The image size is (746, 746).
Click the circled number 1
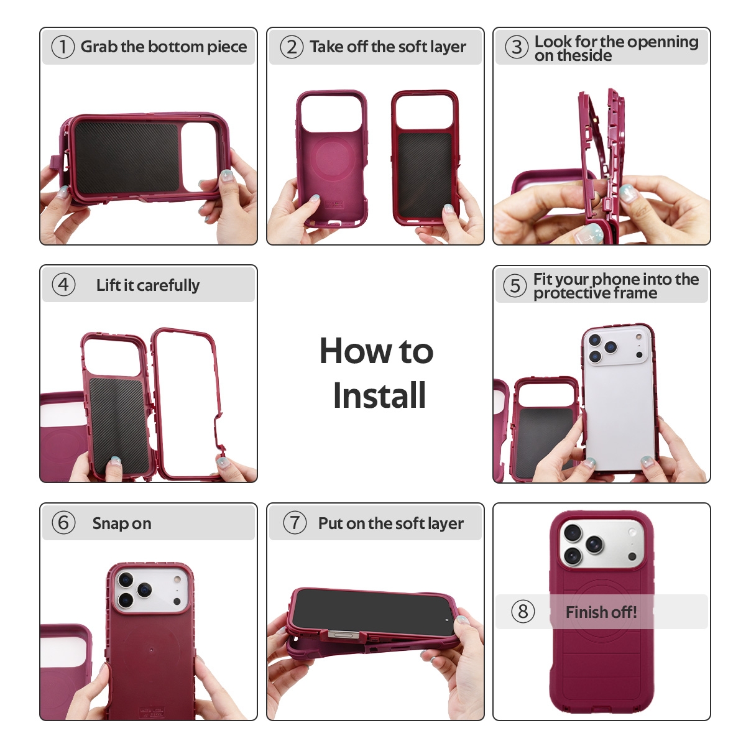pos(63,47)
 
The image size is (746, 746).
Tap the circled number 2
pos(292,47)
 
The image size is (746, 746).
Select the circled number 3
pos(517,47)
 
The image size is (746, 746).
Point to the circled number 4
pos(63,285)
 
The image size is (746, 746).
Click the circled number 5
pos(515,286)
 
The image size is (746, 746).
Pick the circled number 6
pos(63,523)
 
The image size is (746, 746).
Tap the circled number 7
pos(295,523)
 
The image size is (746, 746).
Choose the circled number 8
pos(523,612)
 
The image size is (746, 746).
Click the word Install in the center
pos(379,395)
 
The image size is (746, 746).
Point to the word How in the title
pos(356,351)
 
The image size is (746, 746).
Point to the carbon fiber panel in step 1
pos(127,157)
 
